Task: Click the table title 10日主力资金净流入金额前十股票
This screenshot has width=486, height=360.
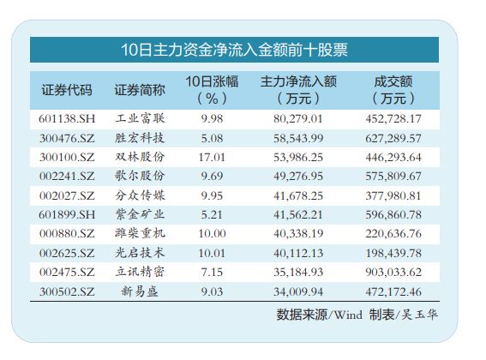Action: (234, 50)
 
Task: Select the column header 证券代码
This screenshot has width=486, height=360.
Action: (67, 90)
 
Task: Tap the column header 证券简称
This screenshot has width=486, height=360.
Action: (140, 90)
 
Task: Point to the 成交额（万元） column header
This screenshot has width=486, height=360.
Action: (393, 90)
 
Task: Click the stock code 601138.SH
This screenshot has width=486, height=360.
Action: (67, 119)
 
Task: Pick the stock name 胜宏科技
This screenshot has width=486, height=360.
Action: (140, 138)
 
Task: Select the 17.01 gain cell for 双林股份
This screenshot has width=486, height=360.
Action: (212, 157)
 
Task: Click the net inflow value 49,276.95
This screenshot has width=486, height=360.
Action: (298, 177)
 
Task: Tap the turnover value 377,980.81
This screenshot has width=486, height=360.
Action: (393, 195)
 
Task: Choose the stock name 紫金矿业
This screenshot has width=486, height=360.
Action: (140, 214)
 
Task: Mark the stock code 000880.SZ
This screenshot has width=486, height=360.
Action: (67, 233)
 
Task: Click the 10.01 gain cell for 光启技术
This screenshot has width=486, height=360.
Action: (212, 253)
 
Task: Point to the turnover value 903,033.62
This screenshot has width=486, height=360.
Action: (393, 273)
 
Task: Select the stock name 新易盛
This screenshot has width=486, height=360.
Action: (140, 291)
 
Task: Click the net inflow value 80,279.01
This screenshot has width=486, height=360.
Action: (298, 119)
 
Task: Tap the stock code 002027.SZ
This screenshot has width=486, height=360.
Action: (67, 195)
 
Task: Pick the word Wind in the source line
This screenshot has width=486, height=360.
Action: (349, 315)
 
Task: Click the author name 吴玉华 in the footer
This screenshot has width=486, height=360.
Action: (419, 315)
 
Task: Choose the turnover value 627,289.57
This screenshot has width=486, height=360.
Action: (393, 138)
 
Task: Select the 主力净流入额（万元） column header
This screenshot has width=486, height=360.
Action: (298, 90)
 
